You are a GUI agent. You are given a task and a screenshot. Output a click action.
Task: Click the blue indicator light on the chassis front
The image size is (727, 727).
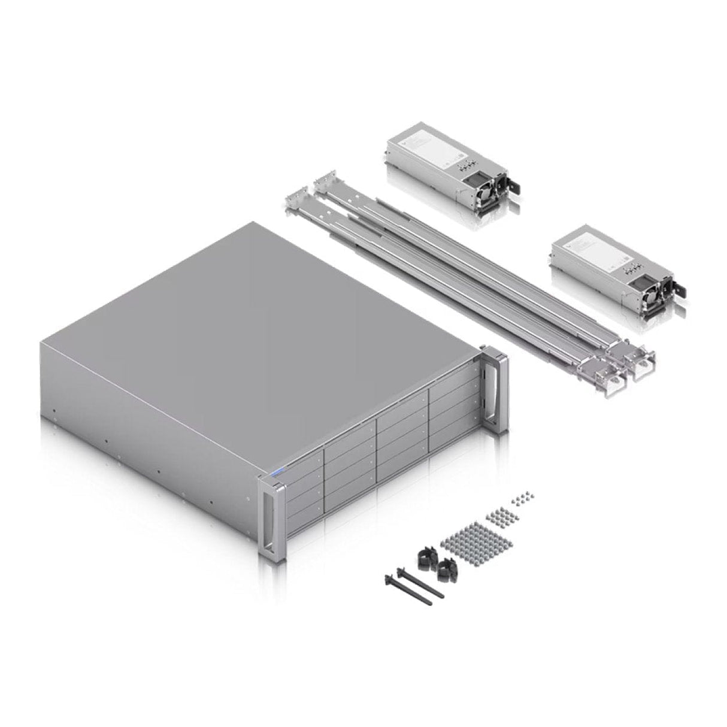(276, 471)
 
